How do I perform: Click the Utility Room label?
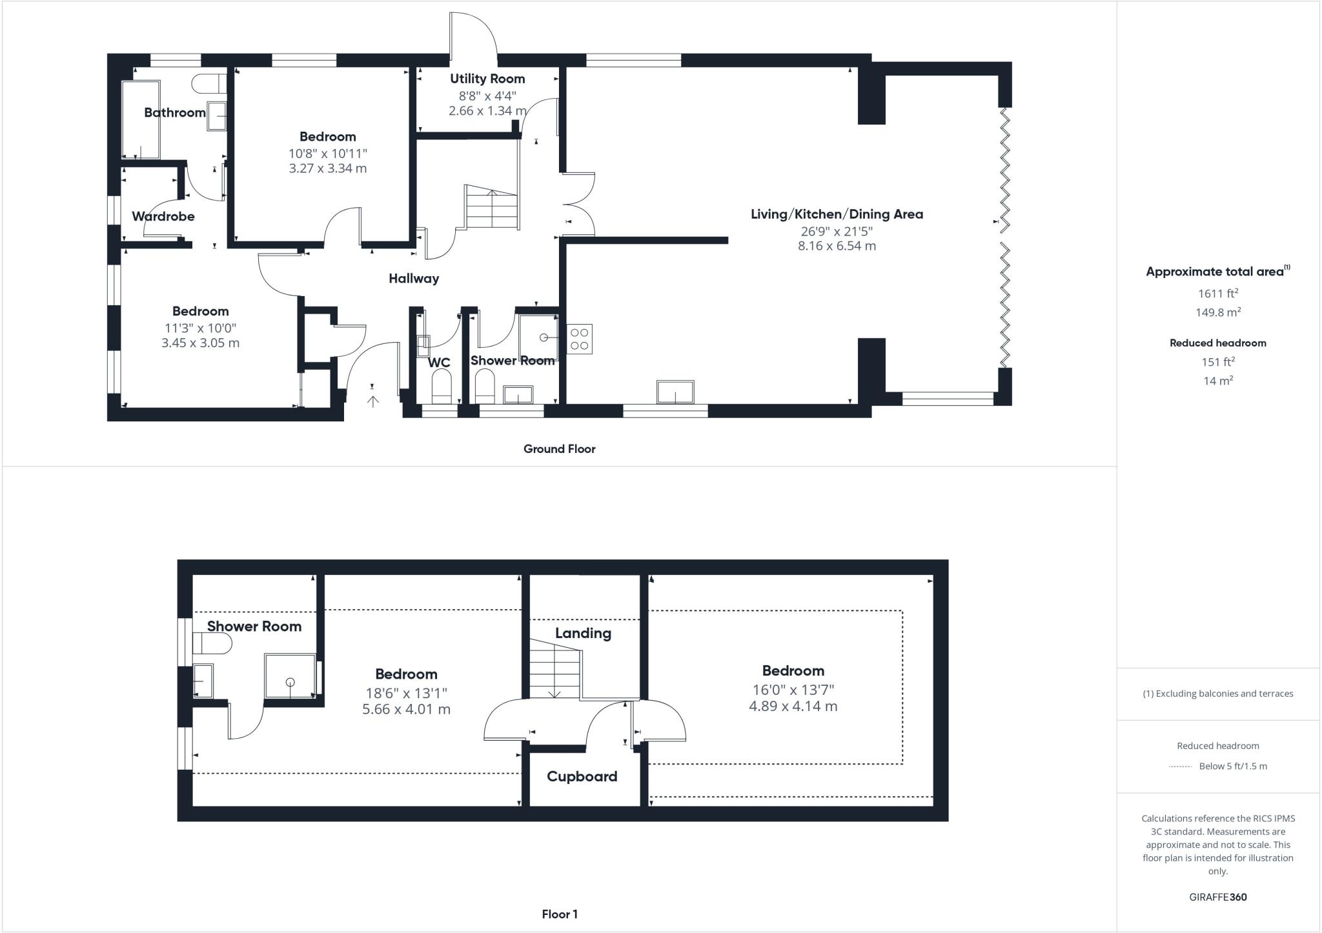(x=487, y=79)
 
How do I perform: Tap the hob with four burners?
(x=579, y=339)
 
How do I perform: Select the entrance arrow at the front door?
(x=373, y=401)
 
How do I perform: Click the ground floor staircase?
(x=491, y=208)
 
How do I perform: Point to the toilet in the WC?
(x=441, y=386)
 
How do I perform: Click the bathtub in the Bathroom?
(x=141, y=120)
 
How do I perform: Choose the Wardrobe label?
(x=163, y=216)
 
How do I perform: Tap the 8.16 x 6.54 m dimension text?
(x=837, y=246)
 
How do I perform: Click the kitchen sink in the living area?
(x=675, y=392)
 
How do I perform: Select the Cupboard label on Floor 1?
(x=582, y=776)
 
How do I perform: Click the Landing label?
(x=583, y=633)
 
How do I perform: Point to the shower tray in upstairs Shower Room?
(x=290, y=676)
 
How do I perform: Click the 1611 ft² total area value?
(x=1217, y=294)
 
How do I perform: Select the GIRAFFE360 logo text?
(x=1217, y=897)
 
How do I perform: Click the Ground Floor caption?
(x=559, y=449)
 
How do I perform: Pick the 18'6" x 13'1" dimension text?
(x=406, y=693)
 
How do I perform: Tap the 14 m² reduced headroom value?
(x=1217, y=381)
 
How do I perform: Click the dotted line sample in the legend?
(x=1180, y=767)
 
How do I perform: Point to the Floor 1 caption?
(x=559, y=914)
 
